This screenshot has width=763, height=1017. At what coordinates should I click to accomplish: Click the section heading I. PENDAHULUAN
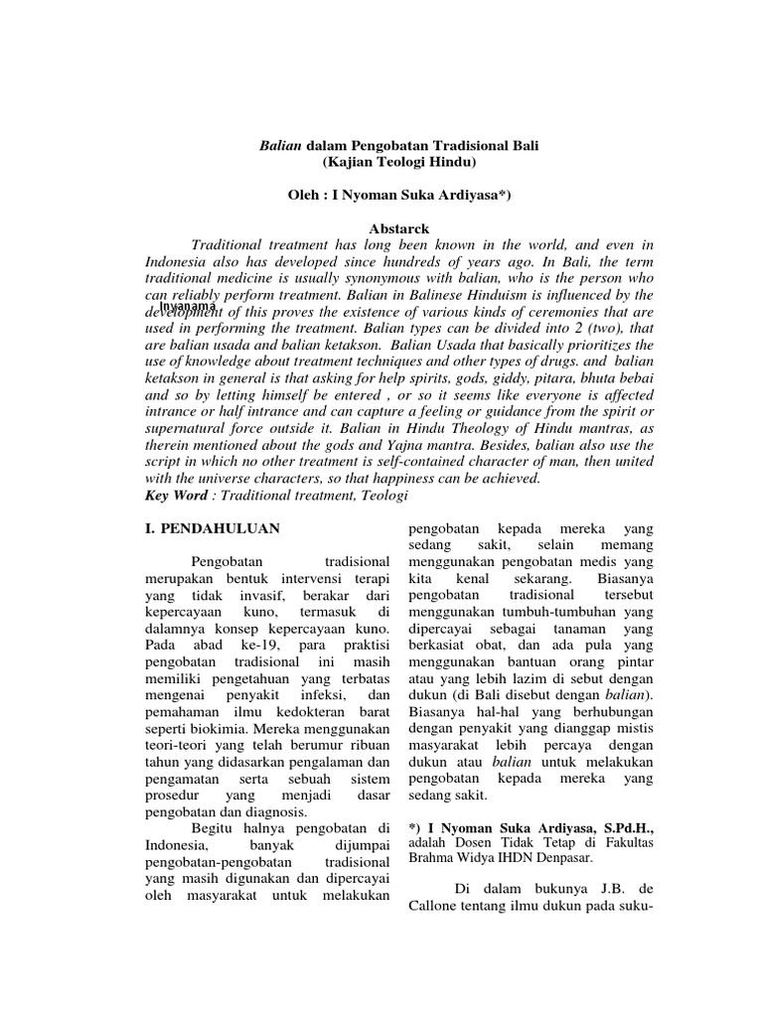(x=208, y=529)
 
